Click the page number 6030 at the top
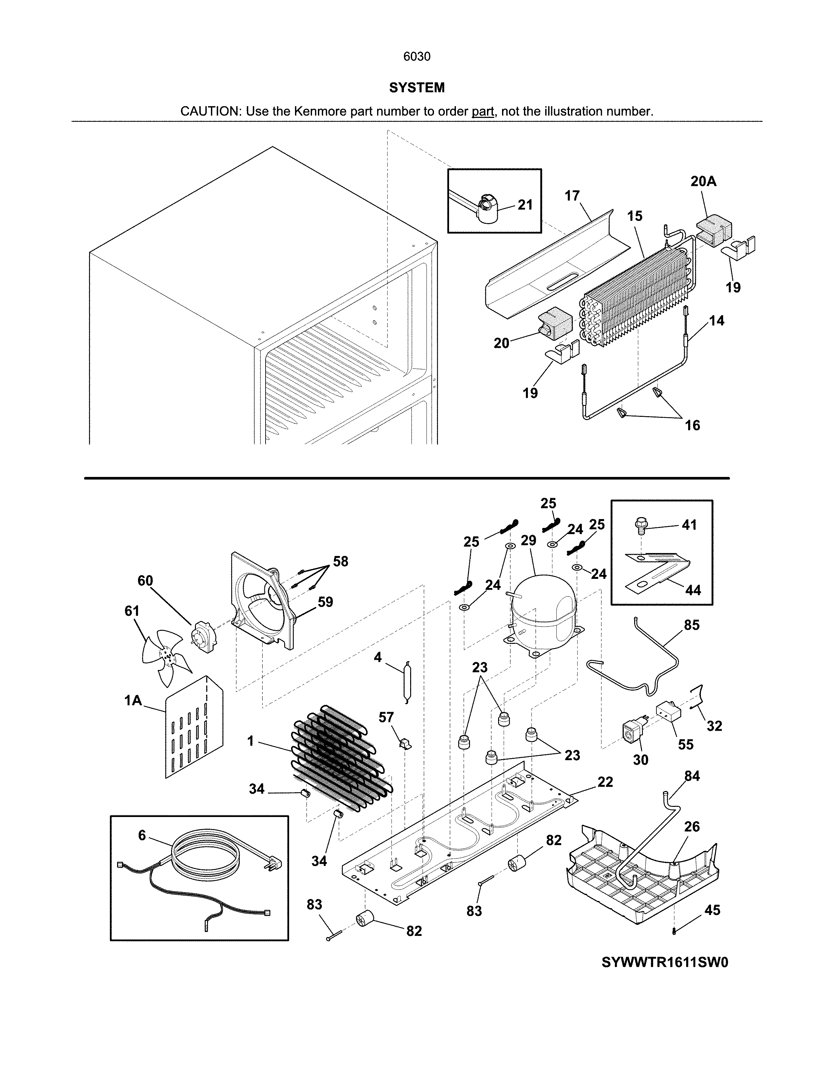point(416,57)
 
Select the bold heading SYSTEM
point(416,88)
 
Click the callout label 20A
point(703,182)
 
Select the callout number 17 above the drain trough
point(572,196)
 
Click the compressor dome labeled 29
point(544,610)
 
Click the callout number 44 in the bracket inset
point(693,590)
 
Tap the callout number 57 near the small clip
point(386,717)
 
